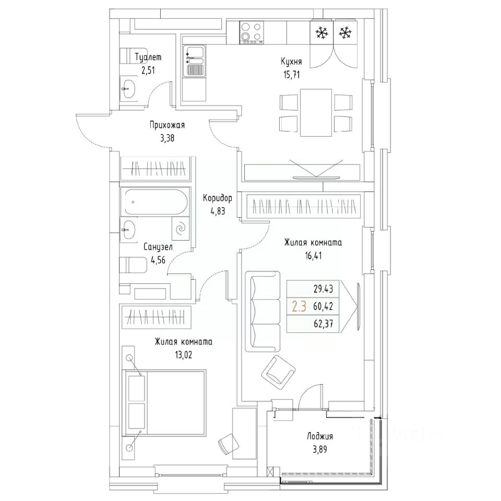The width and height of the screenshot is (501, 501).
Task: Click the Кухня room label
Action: pyautogui.click(x=291, y=62)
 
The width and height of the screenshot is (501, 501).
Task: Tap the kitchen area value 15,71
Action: pyautogui.click(x=291, y=75)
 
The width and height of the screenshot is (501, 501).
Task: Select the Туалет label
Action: pyautogui.click(x=148, y=57)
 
